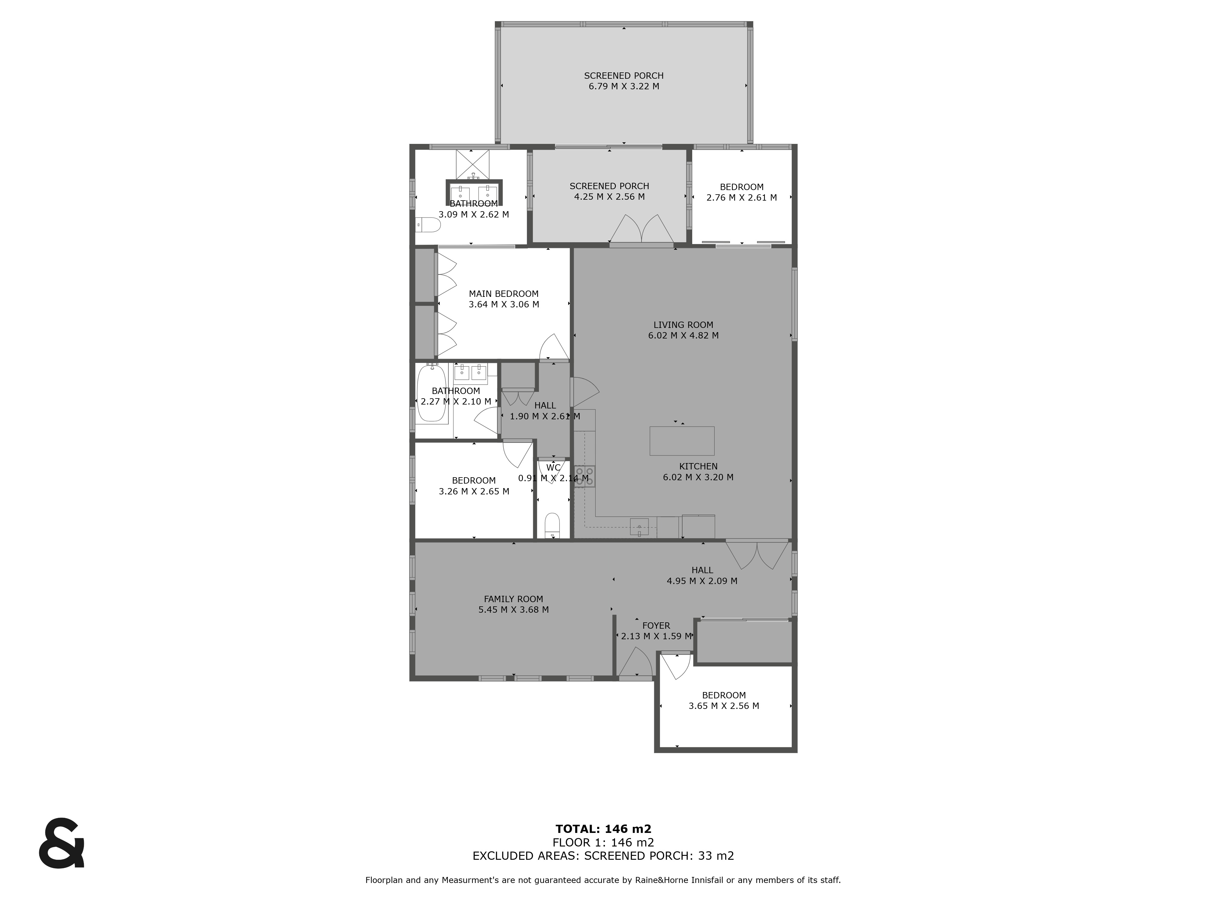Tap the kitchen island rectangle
click(682, 441)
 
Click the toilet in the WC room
click(552, 525)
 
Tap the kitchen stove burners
click(584, 475)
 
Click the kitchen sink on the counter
click(639, 527)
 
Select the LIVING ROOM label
click(683, 325)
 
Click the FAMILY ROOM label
click(514, 599)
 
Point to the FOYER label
click(656, 626)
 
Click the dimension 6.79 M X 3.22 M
click(624, 86)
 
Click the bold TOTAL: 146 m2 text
click(603, 829)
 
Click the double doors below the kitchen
click(757, 555)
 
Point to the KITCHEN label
click(698, 466)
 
